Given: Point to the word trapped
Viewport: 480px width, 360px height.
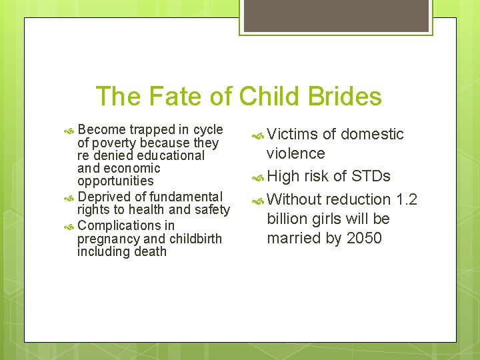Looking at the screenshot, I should click(150, 129).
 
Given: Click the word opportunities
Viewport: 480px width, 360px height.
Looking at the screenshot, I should click(115, 181).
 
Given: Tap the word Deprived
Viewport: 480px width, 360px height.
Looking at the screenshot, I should click(105, 197).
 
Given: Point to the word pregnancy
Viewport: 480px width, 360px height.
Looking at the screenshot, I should click(109, 239).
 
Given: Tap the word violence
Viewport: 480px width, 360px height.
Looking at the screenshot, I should click(295, 153).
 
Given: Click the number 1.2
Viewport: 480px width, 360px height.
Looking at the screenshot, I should click(407, 199).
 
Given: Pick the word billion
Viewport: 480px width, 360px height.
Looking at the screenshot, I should click(287, 219).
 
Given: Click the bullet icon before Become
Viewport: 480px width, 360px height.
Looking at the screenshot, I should click(71, 130).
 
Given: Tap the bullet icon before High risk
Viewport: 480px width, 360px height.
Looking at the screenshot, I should click(259, 177).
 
